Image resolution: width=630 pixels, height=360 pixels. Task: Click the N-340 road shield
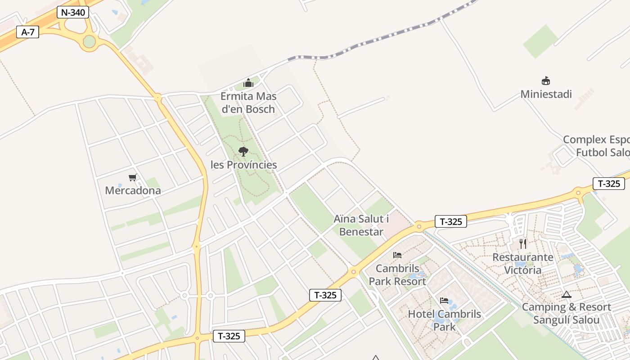tap(72, 12)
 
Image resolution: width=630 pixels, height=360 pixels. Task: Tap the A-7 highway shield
tap(27, 32)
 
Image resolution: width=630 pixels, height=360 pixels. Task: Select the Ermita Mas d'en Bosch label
tap(248, 103)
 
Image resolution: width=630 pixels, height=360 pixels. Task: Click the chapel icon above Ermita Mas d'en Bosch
tap(248, 83)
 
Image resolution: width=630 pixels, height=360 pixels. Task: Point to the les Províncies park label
tap(244, 165)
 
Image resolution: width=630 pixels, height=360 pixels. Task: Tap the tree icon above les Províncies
tap(243, 151)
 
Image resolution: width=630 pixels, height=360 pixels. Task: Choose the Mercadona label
tap(133, 190)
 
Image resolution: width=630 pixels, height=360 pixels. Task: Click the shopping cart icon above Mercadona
tap(132, 177)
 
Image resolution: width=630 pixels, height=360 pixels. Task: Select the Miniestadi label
tap(546, 94)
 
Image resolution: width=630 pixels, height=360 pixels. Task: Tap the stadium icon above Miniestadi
tap(546, 81)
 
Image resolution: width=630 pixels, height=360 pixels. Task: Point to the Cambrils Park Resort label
tap(397, 275)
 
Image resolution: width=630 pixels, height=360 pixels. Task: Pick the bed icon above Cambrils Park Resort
tap(397, 255)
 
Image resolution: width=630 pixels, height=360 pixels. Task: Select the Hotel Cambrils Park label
tap(444, 320)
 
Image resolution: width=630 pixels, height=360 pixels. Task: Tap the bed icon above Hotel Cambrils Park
tap(444, 301)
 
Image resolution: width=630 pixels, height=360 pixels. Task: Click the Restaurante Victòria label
tap(523, 264)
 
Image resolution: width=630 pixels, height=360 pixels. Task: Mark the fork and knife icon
tap(523, 244)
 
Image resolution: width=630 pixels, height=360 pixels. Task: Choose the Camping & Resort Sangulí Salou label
tap(566, 314)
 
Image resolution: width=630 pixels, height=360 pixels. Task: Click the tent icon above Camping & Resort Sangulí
tap(566, 294)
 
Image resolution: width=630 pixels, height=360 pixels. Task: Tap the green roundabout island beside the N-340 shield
tap(90, 41)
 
